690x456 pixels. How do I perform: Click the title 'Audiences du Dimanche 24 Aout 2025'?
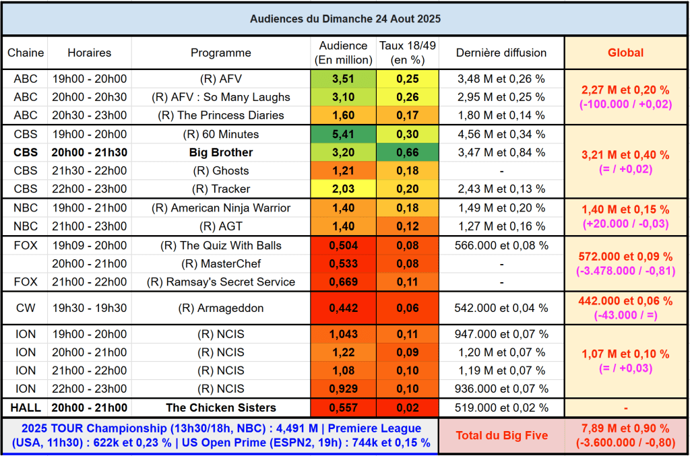(345, 18)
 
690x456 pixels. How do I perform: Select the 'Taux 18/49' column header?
(408, 53)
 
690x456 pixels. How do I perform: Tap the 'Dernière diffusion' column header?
(501, 53)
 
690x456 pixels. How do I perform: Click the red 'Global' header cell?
(625, 53)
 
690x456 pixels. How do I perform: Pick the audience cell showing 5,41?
(343, 134)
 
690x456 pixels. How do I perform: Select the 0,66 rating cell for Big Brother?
(408, 152)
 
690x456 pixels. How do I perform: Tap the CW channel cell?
(26, 308)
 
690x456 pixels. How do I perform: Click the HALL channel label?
(26, 407)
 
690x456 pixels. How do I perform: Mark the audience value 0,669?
(343, 282)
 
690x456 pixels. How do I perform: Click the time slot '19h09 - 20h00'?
(89, 245)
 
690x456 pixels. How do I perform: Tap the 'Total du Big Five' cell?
(501, 435)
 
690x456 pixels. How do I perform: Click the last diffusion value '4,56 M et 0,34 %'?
(501, 134)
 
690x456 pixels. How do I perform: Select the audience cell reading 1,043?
(343, 333)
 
